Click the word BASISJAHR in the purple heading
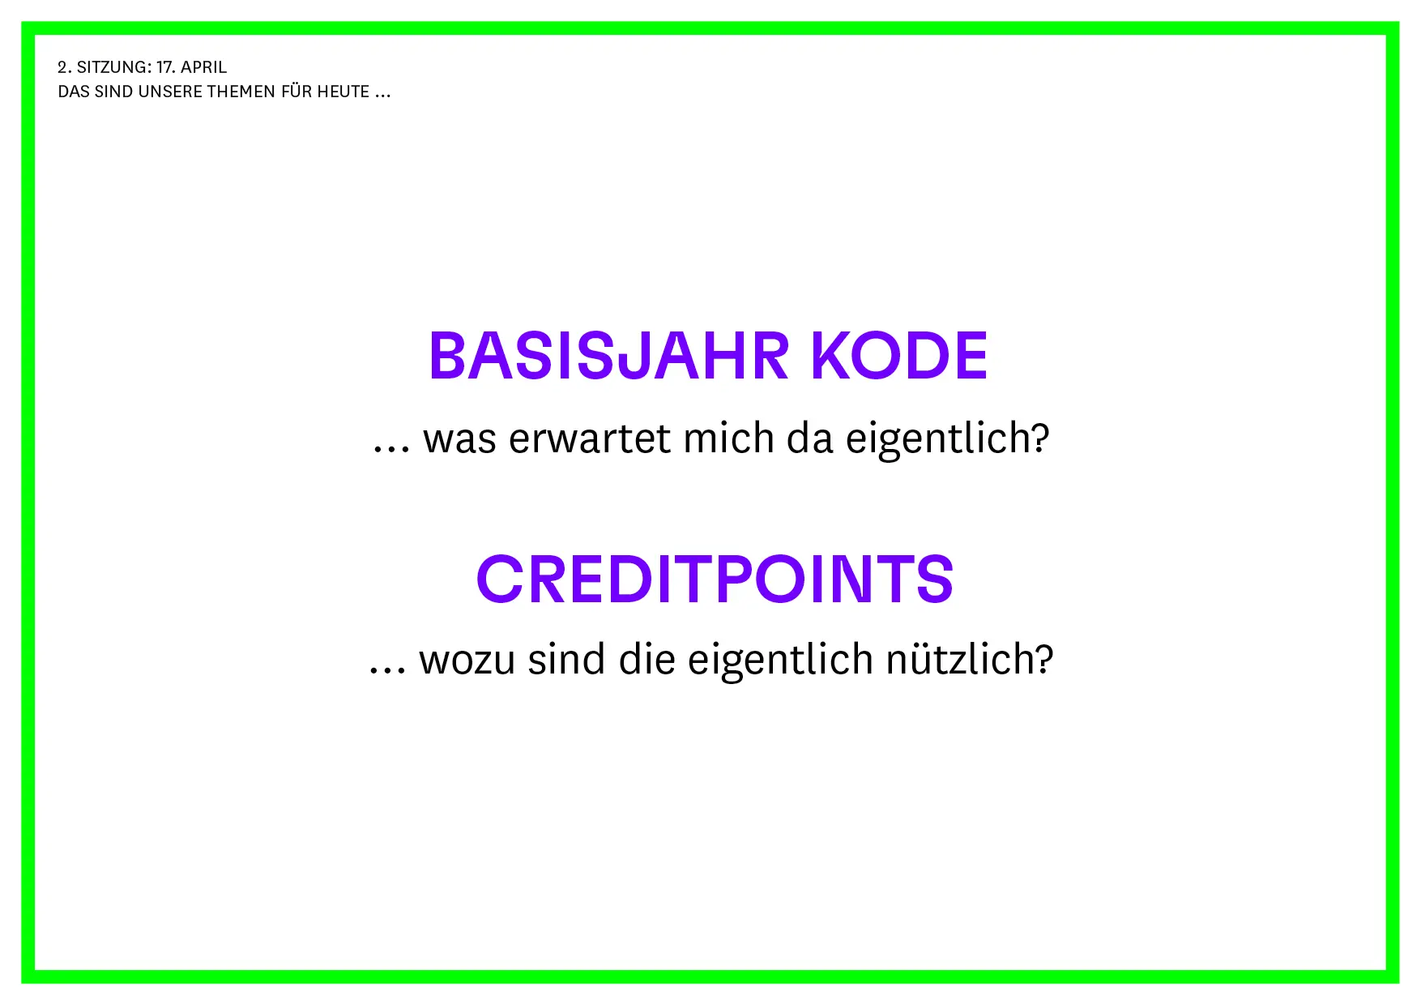[608, 356]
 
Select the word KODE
[899, 356]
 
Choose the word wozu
[467, 660]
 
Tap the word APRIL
[203, 67]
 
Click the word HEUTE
[344, 92]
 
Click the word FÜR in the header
[297, 91]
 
